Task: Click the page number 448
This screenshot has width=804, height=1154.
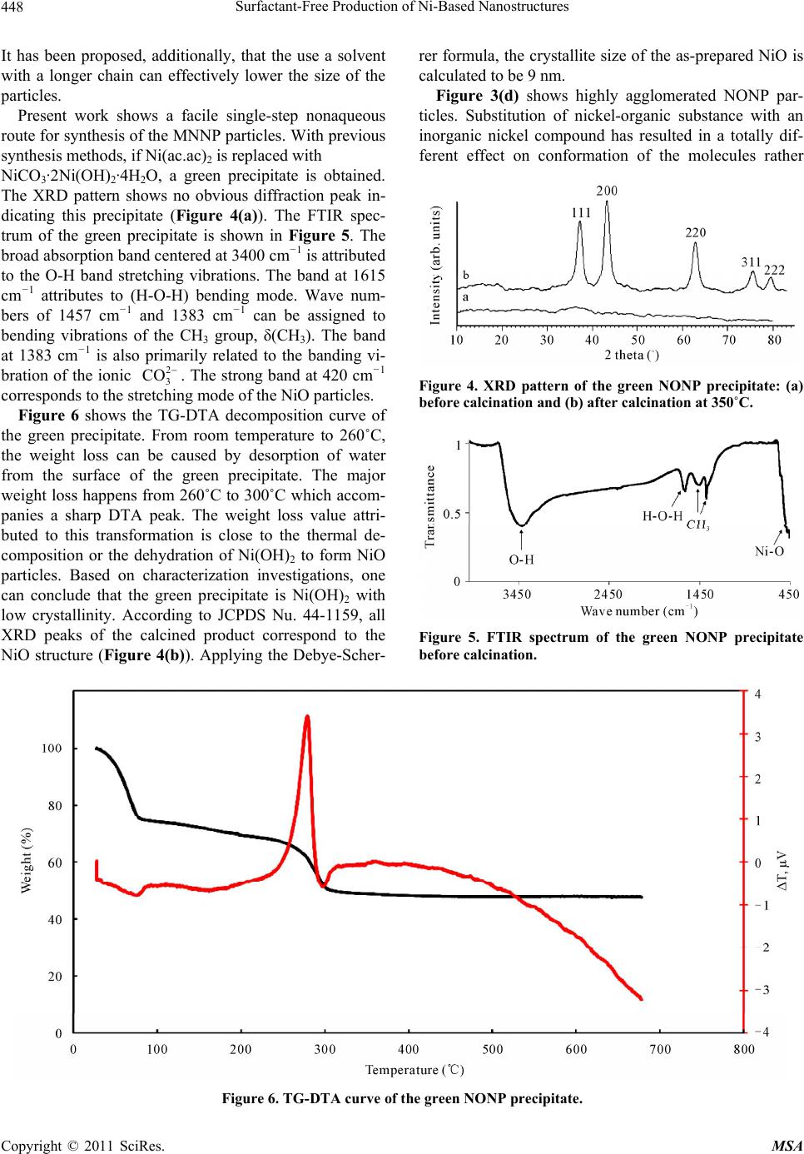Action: (x=12, y=7)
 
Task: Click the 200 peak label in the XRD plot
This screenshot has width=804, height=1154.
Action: (x=607, y=191)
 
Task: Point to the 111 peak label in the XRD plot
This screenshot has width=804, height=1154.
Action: (x=581, y=212)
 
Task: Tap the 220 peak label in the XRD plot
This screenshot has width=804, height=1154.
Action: (x=695, y=232)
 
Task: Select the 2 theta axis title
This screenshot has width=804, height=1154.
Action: (x=632, y=355)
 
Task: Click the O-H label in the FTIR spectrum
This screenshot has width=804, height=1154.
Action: (x=521, y=560)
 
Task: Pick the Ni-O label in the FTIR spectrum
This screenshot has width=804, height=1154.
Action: (x=770, y=550)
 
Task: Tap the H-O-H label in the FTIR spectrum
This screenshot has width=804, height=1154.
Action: (x=663, y=515)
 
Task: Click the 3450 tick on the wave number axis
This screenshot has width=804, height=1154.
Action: (x=517, y=594)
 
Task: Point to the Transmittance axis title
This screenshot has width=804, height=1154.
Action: (x=429, y=506)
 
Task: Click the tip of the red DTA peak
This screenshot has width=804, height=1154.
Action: (x=307, y=715)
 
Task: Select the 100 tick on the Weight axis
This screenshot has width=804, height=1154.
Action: (x=52, y=748)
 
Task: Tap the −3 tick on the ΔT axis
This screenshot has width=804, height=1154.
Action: (x=761, y=990)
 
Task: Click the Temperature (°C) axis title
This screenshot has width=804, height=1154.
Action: (x=414, y=1070)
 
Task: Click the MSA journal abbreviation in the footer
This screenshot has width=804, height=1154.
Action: (x=787, y=1146)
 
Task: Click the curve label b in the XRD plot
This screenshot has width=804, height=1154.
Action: (x=465, y=275)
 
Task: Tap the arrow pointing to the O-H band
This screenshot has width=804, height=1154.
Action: (x=522, y=539)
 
